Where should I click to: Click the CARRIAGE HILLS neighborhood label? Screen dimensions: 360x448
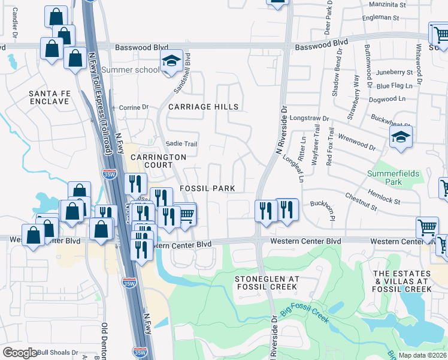coord(203,107)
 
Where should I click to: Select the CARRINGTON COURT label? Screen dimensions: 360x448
coord(159,161)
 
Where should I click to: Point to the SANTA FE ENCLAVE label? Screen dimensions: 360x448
coord(49,97)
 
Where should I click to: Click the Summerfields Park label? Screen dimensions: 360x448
coord(393,178)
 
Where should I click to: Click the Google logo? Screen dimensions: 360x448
coord(20,353)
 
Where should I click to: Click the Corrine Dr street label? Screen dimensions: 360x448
coord(134,107)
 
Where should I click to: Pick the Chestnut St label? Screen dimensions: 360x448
coord(361,203)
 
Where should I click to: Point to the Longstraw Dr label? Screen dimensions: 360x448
coord(310,119)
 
